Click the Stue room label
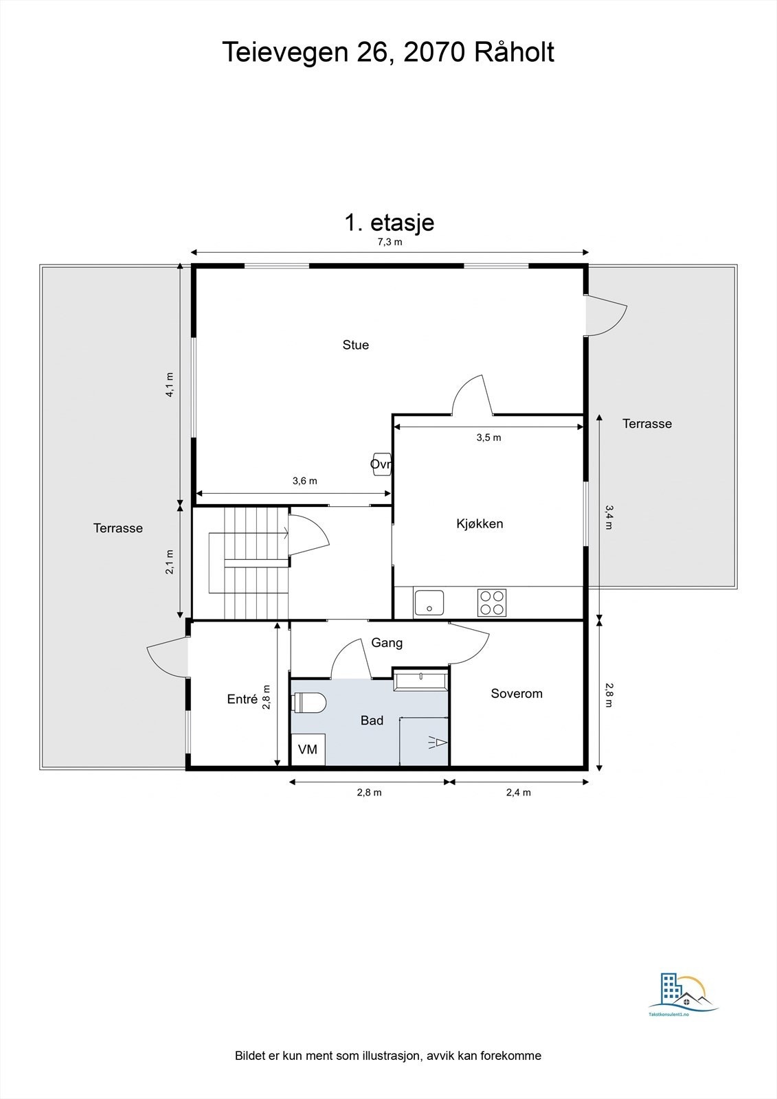pyautogui.click(x=356, y=345)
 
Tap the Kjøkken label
pyautogui.click(x=480, y=524)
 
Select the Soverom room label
pyautogui.click(x=517, y=694)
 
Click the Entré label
pyautogui.click(x=243, y=699)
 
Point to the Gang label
pyautogui.click(x=387, y=643)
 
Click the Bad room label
pyautogui.click(x=372, y=721)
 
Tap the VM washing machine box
pyautogui.click(x=308, y=749)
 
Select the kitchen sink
pyautogui.click(x=429, y=603)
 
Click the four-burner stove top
pyautogui.click(x=492, y=603)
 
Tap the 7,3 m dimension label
pyautogui.click(x=390, y=242)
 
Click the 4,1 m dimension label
pyautogui.click(x=170, y=385)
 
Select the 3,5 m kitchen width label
pyautogui.click(x=488, y=438)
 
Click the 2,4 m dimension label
pyautogui.click(x=519, y=792)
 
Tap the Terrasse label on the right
pyautogui.click(x=646, y=424)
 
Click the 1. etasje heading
pyautogui.click(x=389, y=223)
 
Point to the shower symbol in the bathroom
pyautogui.click(x=438, y=743)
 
